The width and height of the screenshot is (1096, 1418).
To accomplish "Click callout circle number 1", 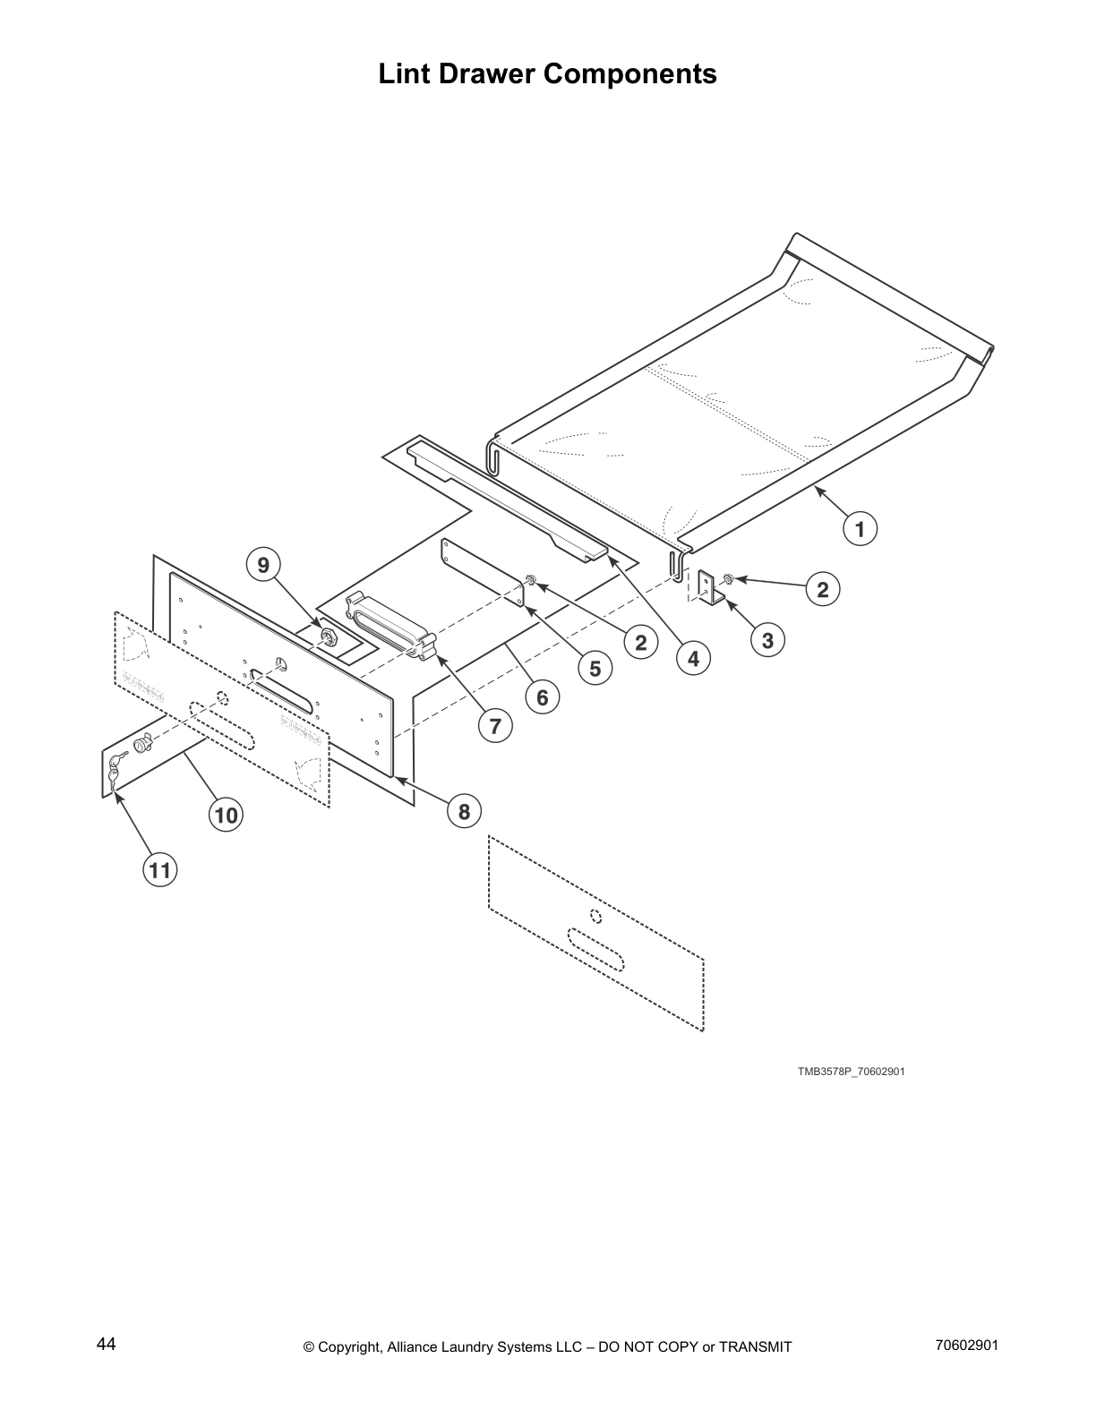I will click(860, 529).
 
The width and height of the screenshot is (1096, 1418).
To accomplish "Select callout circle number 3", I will click(767, 640).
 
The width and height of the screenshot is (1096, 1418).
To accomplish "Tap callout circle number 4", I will click(693, 659).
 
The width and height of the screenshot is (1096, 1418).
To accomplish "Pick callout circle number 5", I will click(595, 668).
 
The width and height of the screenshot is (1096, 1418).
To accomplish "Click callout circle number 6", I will click(542, 696).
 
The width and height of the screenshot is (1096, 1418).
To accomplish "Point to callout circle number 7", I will click(495, 726).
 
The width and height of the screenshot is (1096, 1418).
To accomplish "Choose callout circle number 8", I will click(464, 812).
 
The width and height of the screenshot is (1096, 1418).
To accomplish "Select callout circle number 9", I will click(263, 566).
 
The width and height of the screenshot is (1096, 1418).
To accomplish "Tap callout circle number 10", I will click(226, 816).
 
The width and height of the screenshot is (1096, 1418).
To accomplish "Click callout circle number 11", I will click(159, 869).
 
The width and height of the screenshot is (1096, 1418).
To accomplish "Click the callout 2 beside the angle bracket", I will click(822, 589).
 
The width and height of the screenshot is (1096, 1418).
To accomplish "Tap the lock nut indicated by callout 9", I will click(327, 636).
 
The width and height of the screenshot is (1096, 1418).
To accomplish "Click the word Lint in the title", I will click(402, 73).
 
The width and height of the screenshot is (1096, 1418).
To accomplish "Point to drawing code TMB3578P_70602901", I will click(852, 1072).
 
